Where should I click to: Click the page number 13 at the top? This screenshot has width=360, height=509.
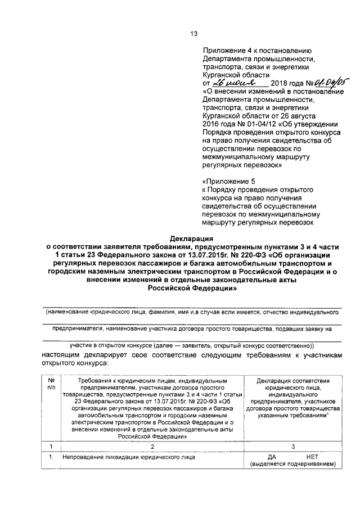(194, 34)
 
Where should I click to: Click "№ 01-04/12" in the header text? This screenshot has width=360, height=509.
(242, 124)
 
